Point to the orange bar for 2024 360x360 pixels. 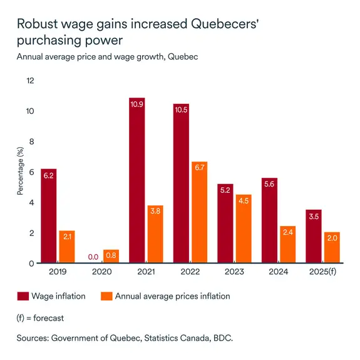(x=288, y=245)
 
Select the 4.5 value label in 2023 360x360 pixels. (x=244, y=201)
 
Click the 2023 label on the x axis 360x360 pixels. (x=234, y=273)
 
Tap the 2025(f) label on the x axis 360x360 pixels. (x=323, y=273)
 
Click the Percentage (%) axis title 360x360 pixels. (x=20, y=172)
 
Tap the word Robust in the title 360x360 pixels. (x=35, y=24)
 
